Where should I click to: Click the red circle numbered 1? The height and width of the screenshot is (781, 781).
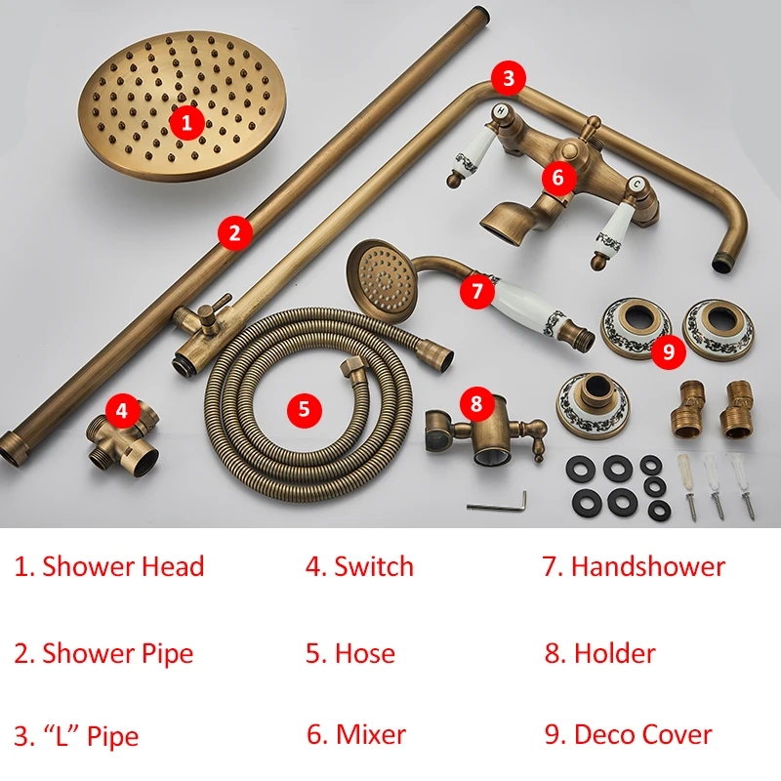pos(187,122)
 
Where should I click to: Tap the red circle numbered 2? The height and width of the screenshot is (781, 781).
pos(234,232)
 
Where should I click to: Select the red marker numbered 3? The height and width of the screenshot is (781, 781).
pos(508,76)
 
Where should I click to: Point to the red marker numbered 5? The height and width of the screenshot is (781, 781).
pos(304,409)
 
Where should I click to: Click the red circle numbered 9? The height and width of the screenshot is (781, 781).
pos(669,351)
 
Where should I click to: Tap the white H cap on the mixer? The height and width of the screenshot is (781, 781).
pos(501,110)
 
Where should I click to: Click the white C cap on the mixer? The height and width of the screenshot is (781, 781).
pos(636,184)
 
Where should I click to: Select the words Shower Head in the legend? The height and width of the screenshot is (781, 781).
pos(123,567)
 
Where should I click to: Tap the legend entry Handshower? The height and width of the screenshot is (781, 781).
pos(647,567)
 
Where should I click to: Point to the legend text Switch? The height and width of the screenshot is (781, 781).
pos(373,567)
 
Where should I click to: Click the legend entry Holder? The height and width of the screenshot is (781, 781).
pos(614,653)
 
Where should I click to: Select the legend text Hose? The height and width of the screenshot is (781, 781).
pos(364,653)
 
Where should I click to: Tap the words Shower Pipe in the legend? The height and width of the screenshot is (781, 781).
pos(117,653)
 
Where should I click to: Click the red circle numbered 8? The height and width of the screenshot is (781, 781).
pos(476,402)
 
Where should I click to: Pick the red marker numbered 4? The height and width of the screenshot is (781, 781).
pos(121,411)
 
